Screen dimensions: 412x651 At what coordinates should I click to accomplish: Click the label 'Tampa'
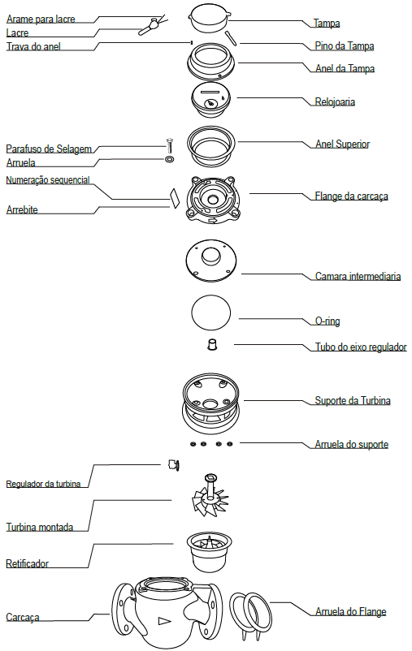coord(327,24)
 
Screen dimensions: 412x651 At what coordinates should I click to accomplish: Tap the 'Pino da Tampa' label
coord(345,46)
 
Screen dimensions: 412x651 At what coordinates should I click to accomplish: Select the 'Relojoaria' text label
coord(335,101)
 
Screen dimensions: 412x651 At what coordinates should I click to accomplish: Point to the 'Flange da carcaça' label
coord(351,196)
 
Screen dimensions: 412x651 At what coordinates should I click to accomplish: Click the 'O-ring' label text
coord(327,321)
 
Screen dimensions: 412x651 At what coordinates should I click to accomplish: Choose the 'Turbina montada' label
coord(40,528)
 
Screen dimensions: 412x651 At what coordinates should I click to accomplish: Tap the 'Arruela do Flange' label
coord(351,611)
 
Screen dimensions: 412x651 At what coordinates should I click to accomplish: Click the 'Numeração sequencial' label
coord(48,179)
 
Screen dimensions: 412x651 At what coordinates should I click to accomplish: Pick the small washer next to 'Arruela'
coord(170,159)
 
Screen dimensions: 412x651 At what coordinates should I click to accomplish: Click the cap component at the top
coord(210,18)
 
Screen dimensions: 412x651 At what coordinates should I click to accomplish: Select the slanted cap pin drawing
coord(230,37)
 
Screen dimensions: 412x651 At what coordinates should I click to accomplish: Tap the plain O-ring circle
coord(210,313)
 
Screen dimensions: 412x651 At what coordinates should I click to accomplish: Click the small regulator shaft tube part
coord(212,344)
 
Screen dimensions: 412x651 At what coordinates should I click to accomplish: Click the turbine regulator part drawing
coord(174,465)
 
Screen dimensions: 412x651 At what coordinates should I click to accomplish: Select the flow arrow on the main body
coord(165,622)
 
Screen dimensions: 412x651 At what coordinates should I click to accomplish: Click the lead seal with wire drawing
coord(151,25)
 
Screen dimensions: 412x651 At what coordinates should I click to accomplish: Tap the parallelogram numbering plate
coord(174,198)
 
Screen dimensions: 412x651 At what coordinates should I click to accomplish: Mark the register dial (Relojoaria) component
coord(210,100)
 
